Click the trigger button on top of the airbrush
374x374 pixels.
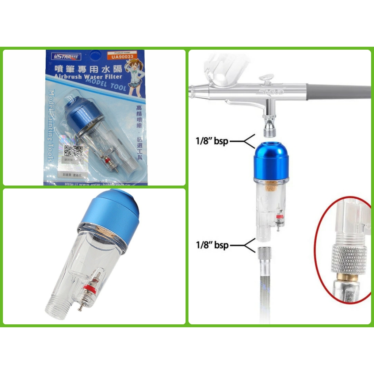coord(266,78)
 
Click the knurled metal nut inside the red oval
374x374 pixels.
coord(349,259)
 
